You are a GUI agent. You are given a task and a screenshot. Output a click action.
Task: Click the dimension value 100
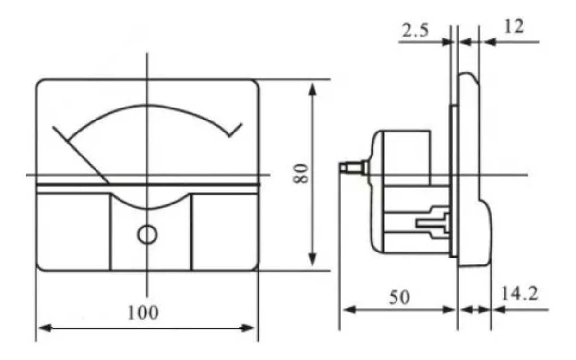142,313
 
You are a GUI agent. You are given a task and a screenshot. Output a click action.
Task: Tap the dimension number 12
514,27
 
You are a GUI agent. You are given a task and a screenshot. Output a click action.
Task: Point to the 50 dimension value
399,298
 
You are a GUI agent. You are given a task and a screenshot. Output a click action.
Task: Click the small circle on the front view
147,234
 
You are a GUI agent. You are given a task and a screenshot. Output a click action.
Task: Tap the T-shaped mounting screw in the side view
432,222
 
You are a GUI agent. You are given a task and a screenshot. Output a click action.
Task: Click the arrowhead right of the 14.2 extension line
498,310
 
